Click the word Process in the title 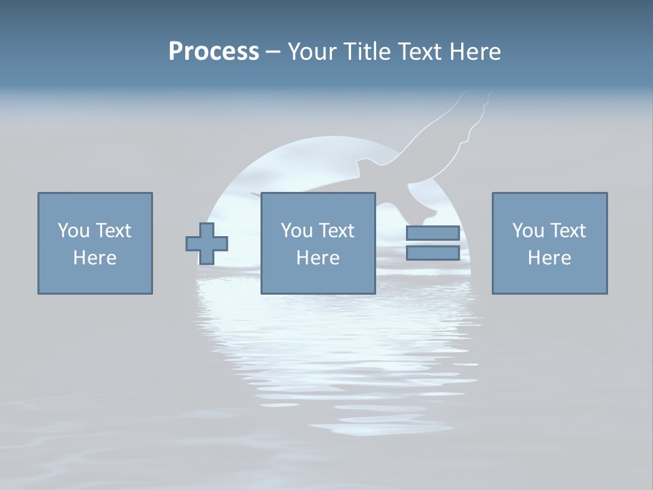coord(214,52)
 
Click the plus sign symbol coord(207,243)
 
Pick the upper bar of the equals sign coord(433,233)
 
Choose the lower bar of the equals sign coord(433,253)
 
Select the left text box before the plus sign coord(95,243)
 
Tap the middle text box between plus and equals coord(318,243)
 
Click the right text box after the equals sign coord(549,243)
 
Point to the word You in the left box coord(73,231)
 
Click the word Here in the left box coord(95,258)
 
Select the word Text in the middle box coord(335,231)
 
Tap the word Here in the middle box coord(318,258)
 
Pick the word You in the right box coord(527,231)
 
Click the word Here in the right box coord(549,258)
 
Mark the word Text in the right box coord(567,231)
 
